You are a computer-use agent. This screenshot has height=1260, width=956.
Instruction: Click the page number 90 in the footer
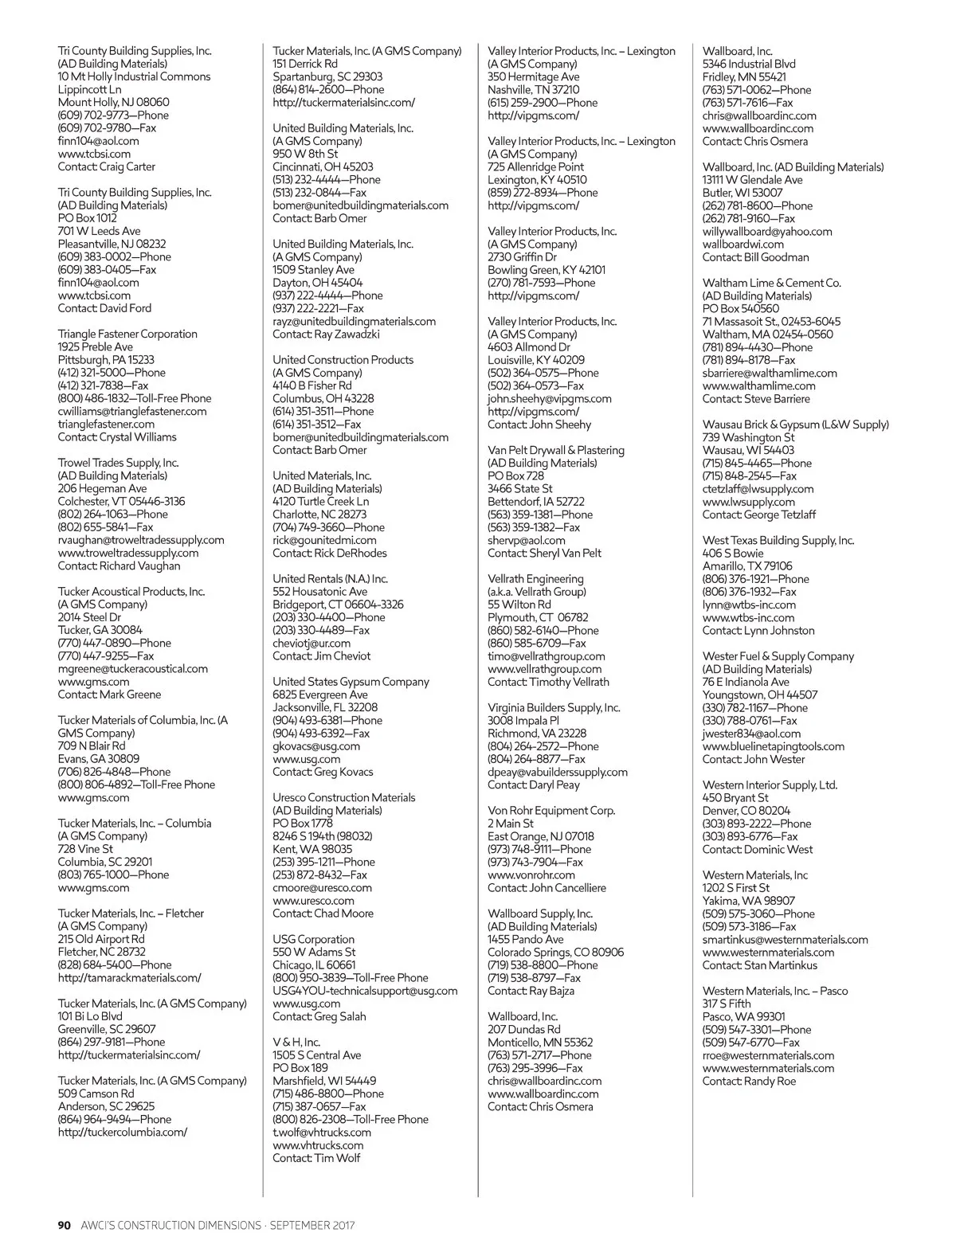tap(65, 1225)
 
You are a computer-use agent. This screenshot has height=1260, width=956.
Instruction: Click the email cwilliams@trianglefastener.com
tap(132, 411)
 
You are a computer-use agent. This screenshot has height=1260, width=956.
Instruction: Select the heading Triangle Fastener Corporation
tap(127, 334)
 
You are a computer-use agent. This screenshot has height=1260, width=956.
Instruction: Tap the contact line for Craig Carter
tap(106, 166)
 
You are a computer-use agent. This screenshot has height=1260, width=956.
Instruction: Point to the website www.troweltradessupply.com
tap(128, 553)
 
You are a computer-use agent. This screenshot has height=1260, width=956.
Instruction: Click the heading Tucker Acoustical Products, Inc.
tap(131, 591)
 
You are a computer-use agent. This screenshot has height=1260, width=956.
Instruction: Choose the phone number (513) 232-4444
tap(327, 179)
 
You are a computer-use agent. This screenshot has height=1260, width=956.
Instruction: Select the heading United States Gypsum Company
tap(351, 682)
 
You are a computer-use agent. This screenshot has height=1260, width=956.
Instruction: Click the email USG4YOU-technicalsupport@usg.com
tap(365, 991)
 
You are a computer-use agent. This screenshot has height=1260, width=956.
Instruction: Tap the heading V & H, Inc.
tap(296, 1042)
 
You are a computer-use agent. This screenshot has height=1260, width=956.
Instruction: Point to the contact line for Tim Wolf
tap(316, 1158)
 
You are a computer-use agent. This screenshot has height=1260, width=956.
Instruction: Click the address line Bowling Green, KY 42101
tap(547, 270)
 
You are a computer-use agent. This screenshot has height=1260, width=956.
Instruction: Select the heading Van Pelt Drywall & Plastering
tap(556, 450)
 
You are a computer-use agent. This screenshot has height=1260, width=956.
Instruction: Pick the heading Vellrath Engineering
tap(535, 579)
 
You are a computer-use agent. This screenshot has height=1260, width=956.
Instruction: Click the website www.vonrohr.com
tap(531, 875)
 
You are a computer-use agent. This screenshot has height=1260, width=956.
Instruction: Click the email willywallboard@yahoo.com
tap(767, 231)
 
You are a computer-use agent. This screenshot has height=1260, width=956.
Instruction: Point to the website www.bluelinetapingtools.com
tap(774, 746)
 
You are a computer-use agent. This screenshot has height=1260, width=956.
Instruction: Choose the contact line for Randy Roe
tap(749, 1081)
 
